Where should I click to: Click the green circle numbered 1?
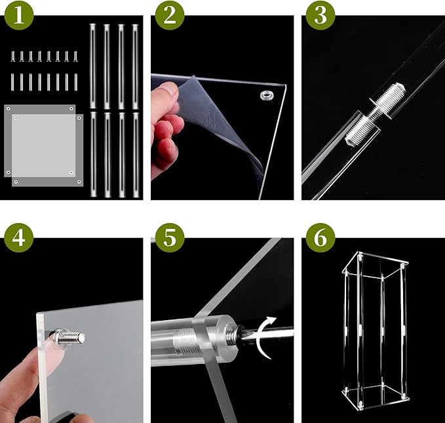point(19,15)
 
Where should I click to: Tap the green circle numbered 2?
point(170,15)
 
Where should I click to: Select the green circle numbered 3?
point(320,15)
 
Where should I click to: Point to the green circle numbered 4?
point(19,238)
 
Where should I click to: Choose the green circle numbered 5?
point(170,238)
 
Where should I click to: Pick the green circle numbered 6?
point(320,238)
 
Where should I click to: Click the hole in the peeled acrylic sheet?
point(267,95)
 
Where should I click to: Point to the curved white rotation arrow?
point(263,338)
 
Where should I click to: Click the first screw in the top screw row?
point(12,56)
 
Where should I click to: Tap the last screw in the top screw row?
point(75,56)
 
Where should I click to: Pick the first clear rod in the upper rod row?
point(92,66)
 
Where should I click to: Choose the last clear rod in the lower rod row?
point(136,155)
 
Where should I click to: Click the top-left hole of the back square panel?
point(9,108)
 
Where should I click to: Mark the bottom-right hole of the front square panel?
point(79,182)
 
